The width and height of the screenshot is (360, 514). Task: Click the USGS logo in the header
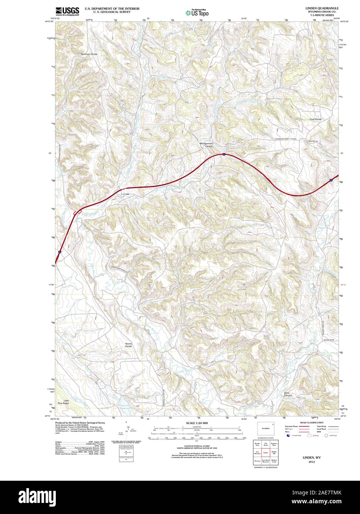click(67, 11)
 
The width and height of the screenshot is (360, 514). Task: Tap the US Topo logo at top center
click(197, 13)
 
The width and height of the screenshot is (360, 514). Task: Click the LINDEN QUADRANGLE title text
click(322, 8)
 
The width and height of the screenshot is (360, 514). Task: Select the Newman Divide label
click(89, 54)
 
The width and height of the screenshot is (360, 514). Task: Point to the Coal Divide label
click(316, 119)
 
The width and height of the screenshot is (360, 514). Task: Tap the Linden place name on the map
click(125, 193)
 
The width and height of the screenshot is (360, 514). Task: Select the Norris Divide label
click(128, 345)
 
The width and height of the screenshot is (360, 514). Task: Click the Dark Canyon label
click(288, 394)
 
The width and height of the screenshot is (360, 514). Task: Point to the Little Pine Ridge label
click(66, 402)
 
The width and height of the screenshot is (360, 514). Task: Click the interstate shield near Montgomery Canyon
click(224, 154)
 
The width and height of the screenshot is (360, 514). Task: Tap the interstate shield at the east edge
click(331, 180)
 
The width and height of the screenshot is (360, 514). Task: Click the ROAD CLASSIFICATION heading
click(312, 422)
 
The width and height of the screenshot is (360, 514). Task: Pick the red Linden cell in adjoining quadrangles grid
click(265, 452)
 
